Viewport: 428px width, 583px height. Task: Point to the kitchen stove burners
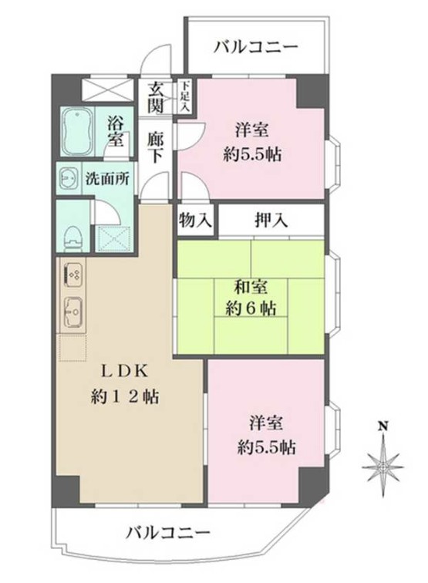tap(73, 272)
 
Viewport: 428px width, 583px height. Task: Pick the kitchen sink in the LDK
tap(73, 310)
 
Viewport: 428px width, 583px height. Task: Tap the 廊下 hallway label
tap(157, 145)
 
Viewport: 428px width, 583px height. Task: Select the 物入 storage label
tap(194, 220)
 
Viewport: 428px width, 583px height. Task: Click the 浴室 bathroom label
tap(116, 130)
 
